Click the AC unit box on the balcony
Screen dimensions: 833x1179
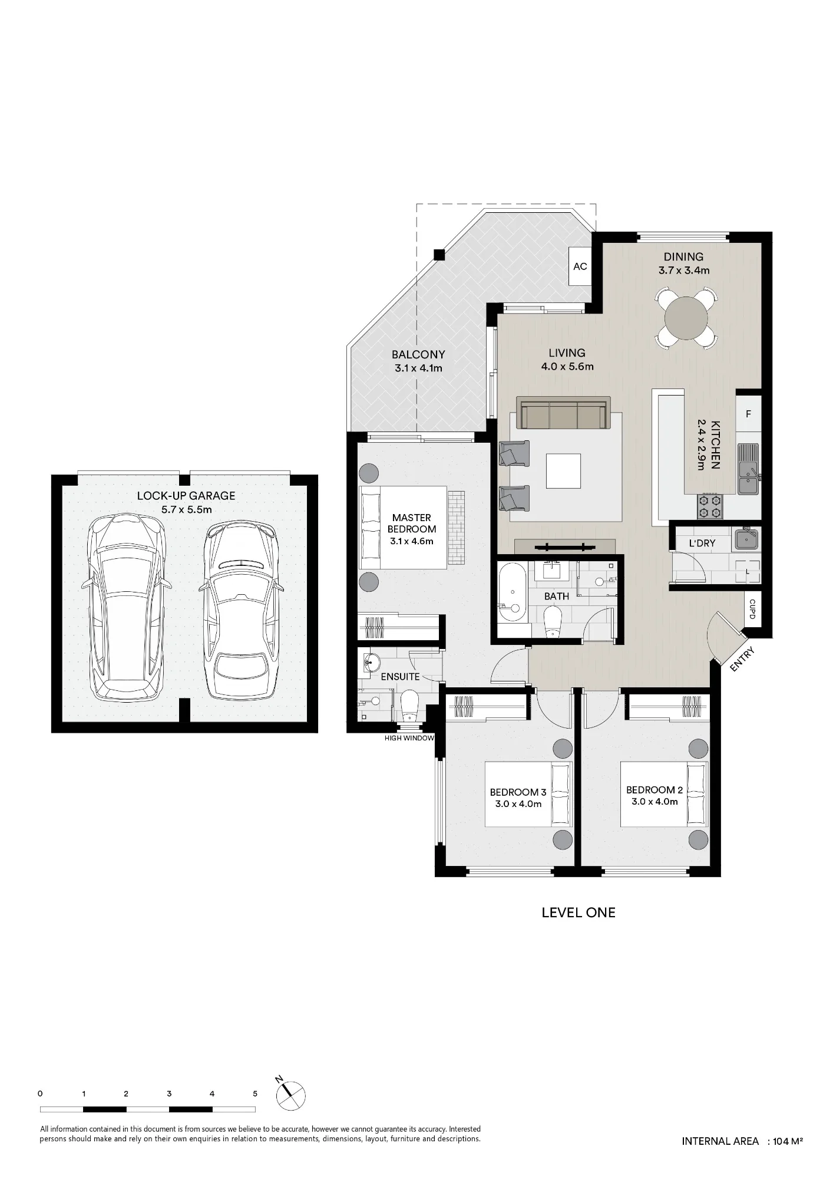580,266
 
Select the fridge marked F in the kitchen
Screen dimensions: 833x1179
748,414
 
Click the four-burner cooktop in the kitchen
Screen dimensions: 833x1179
710,506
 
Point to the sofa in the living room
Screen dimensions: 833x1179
562,413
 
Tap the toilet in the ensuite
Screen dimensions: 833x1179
409,706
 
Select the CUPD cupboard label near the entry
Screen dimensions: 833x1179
752,609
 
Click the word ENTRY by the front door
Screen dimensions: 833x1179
742,659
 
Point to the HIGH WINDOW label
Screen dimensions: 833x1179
409,738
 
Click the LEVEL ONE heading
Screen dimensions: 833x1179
579,913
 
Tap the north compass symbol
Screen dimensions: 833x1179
290,1095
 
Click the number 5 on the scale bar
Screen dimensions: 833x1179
255,1094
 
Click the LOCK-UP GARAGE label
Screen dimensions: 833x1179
186,496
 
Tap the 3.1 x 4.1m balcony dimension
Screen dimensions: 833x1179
418,368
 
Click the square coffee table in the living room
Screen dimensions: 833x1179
563,471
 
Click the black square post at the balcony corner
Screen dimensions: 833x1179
438,255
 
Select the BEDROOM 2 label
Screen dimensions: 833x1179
654,790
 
